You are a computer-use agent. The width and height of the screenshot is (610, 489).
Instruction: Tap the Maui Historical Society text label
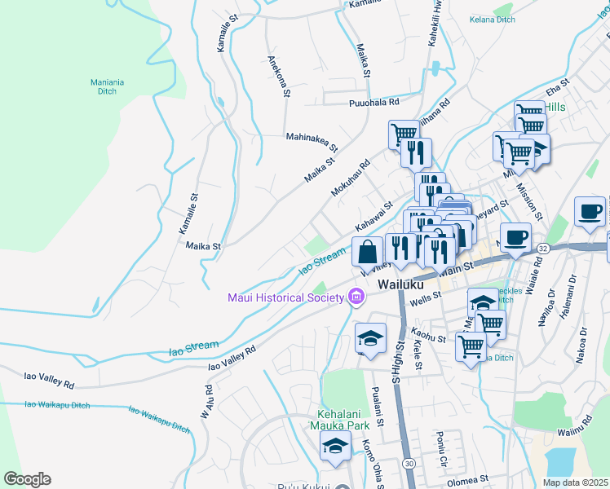click(x=285, y=297)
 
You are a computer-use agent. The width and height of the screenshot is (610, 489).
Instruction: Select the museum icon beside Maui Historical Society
click(x=355, y=297)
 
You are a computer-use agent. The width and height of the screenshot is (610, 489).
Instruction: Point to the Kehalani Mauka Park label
click(x=335, y=418)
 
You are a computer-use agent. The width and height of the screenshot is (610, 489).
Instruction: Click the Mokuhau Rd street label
click(x=351, y=177)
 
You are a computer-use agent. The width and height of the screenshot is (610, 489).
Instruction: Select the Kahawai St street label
click(x=374, y=216)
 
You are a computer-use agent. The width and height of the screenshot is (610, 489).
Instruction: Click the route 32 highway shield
click(x=544, y=246)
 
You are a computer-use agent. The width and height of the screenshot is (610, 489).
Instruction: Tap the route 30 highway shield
click(x=408, y=463)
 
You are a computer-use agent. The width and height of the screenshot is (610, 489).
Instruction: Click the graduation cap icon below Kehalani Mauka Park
click(x=335, y=447)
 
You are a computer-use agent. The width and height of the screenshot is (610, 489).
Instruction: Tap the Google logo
click(x=27, y=479)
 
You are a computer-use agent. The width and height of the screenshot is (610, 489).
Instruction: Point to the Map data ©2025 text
click(x=576, y=482)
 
